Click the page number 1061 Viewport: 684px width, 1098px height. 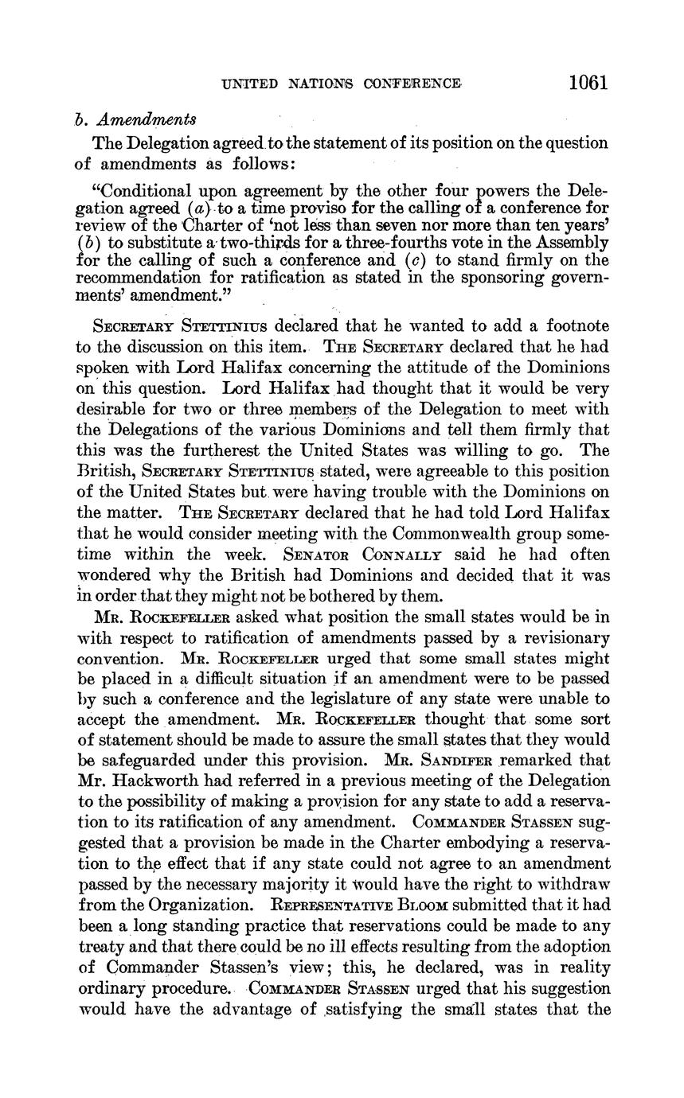tap(588, 83)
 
